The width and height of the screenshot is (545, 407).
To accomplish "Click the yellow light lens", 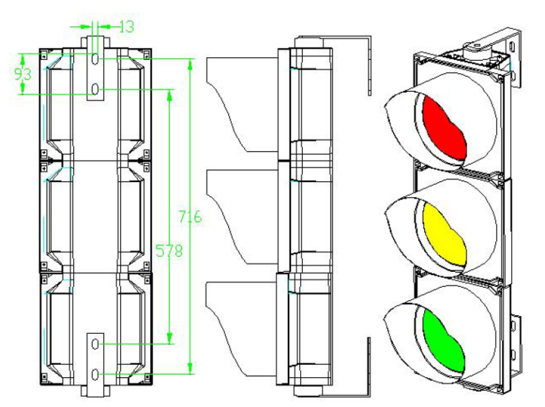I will point(443,235).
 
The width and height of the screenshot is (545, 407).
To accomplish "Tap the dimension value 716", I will point(190,217).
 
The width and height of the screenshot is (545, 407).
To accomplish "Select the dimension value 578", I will point(169,252).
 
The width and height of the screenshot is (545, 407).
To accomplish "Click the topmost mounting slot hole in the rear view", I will point(95,59).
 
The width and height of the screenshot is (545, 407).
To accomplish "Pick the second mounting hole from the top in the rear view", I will point(95,90).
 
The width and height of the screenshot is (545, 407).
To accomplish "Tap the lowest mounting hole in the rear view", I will point(95,373).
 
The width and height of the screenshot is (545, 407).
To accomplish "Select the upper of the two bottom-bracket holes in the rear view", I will point(95,343).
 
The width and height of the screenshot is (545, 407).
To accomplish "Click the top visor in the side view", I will point(241,103).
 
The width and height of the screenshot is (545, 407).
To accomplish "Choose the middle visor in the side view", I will point(241,214).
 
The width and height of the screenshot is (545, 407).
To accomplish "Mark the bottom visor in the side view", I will point(241,324).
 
